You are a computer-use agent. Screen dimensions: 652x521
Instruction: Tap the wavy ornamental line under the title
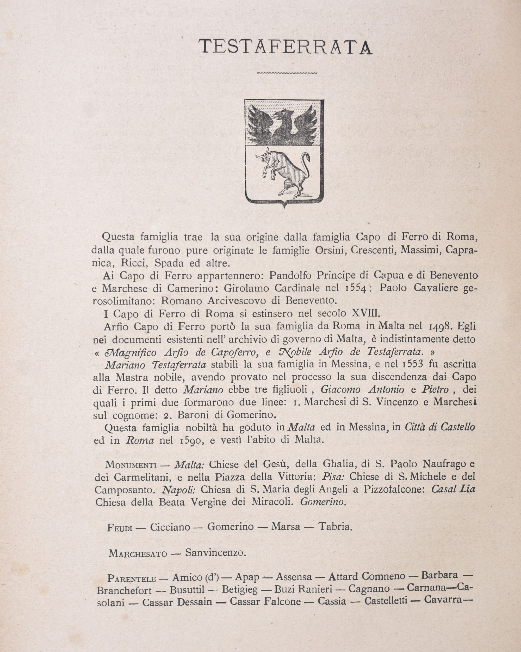(286, 73)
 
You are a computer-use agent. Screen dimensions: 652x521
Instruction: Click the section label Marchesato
(138, 554)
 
